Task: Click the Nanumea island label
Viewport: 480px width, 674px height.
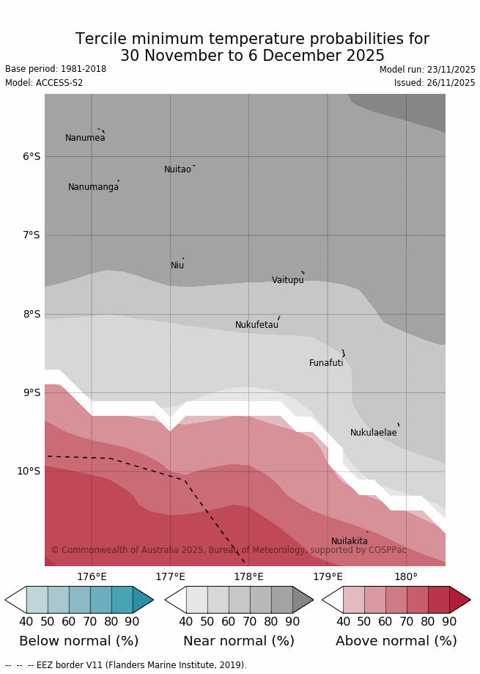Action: pyautogui.click(x=85, y=138)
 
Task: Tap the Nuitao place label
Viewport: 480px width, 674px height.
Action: pyautogui.click(x=177, y=169)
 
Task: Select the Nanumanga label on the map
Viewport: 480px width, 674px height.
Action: pyautogui.click(x=93, y=187)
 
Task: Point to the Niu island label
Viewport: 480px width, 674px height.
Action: pyautogui.click(x=177, y=265)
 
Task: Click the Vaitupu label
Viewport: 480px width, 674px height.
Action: pyautogui.click(x=287, y=280)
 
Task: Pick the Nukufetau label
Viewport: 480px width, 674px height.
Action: pyautogui.click(x=256, y=325)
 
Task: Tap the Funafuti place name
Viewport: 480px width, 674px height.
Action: pyautogui.click(x=326, y=363)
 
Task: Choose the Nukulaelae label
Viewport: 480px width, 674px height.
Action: pyautogui.click(x=373, y=433)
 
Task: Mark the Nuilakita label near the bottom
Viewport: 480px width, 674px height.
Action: pyautogui.click(x=350, y=541)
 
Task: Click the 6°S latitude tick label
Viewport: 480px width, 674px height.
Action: pyautogui.click(x=32, y=156)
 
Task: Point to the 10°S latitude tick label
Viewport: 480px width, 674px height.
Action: pyautogui.click(x=29, y=471)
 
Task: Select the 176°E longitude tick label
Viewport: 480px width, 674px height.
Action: pyautogui.click(x=92, y=577)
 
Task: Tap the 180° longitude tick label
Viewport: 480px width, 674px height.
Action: pyautogui.click(x=406, y=577)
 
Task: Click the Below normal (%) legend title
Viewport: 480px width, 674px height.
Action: pyautogui.click(x=78, y=641)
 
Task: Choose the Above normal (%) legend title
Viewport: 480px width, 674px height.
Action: pyautogui.click(x=396, y=641)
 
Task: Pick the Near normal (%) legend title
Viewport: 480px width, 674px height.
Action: pyautogui.click(x=239, y=641)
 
